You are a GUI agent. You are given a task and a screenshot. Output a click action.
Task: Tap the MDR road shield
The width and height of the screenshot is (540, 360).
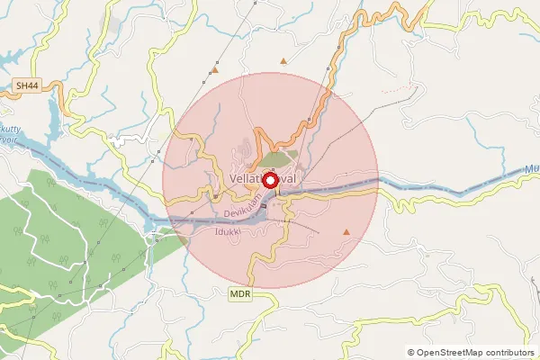(x=239, y=294)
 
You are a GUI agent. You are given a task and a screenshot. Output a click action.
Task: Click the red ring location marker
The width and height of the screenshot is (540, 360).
(x=270, y=180)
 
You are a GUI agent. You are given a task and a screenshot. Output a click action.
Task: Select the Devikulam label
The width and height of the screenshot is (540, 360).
(x=246, y=212)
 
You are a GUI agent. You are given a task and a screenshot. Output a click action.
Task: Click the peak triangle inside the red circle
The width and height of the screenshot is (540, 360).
(x=346, y=232)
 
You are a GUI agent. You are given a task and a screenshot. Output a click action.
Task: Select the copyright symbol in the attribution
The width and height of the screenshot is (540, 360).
(x=411, y=353)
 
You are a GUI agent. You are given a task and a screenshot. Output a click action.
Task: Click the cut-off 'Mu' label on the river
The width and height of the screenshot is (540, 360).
(x=531, y=166)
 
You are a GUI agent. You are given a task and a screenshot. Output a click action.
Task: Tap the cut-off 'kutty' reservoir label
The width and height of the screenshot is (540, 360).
(x=11, y=130)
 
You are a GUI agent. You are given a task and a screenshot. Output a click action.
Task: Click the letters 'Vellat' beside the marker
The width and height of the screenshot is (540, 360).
(x=245, y=179)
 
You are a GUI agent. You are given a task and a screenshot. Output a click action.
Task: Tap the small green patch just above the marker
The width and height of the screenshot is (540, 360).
(x=279, y=158)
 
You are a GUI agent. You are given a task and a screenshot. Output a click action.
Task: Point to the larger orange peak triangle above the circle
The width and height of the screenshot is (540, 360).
(x=284, y=61)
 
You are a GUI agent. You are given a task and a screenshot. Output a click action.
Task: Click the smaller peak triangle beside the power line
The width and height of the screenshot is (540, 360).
(x=215, y=69)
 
